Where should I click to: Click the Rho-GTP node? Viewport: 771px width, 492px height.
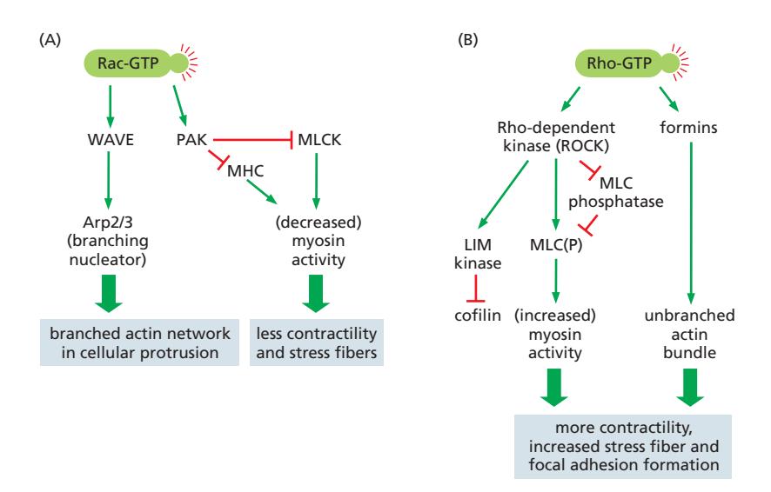click(x=620, y=62)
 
